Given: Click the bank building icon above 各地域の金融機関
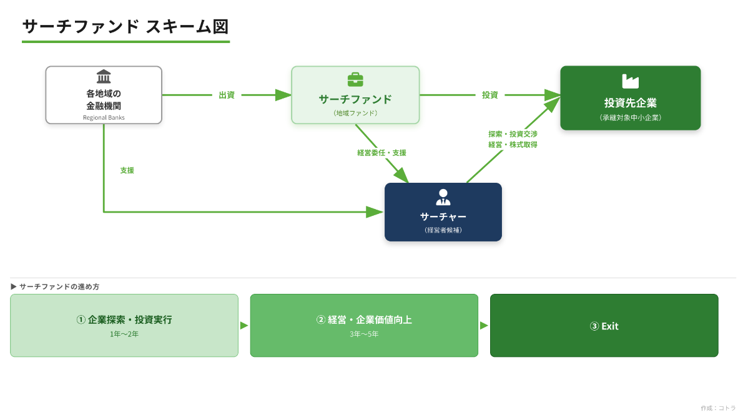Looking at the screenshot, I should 104,77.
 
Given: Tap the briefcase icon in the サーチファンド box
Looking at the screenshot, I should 355,80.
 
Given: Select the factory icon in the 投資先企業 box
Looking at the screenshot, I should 630,82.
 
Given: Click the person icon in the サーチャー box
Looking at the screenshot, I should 443,197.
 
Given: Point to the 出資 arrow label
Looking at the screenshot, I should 227,95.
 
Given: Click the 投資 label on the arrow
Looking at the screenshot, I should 490,95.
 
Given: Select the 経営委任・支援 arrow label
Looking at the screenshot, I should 381,152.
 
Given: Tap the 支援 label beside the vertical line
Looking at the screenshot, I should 127,170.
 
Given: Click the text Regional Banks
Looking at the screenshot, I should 104,117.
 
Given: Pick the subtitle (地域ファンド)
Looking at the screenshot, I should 355,113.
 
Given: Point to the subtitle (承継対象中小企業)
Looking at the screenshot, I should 630,117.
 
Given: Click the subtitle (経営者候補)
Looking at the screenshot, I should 443,230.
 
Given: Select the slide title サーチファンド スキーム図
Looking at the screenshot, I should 125,27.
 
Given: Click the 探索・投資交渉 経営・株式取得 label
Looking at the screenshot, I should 513,139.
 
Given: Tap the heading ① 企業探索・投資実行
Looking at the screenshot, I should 124,319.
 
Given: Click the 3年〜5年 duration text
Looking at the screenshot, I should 364,334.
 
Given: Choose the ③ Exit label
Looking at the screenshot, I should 604,326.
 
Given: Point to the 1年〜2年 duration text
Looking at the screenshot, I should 124,334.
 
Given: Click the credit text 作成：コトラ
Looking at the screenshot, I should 718,408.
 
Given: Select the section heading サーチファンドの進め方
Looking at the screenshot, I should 59,286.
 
